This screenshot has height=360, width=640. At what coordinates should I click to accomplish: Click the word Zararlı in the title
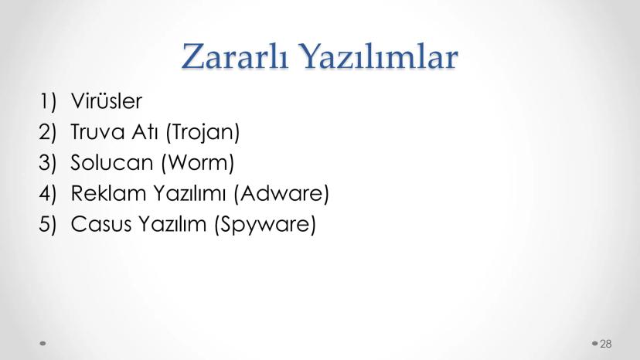point(235,56)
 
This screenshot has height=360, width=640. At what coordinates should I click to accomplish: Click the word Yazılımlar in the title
point(380,56)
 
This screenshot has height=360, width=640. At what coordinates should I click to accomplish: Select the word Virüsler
point(107,101)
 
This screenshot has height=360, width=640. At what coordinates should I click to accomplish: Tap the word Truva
point(97,132)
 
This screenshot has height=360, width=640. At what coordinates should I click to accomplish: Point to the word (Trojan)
point(203,132)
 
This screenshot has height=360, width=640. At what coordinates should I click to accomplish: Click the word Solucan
point(111,162)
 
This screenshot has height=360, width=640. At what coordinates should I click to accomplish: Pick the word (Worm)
point(198,163)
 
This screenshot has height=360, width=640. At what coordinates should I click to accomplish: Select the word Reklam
point(108,193)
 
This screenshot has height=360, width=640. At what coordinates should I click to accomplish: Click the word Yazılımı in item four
point(189,193)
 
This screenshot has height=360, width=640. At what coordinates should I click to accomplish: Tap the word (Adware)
point(281,193)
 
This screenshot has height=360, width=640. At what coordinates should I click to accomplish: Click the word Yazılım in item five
point(172,224)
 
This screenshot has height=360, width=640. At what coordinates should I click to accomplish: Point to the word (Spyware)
point(265,225)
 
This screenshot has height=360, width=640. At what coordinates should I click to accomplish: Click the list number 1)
point(48,101)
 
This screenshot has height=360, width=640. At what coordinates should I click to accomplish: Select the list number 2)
point(48,132)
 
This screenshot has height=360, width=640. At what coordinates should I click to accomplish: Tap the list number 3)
point(48,162)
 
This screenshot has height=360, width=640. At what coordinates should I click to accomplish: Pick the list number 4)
point(48,193)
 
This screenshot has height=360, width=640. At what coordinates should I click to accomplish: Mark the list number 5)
point(48,224)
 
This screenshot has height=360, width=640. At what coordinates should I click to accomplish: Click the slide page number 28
point(606,344)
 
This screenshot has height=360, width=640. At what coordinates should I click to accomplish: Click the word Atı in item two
point(145,132)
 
